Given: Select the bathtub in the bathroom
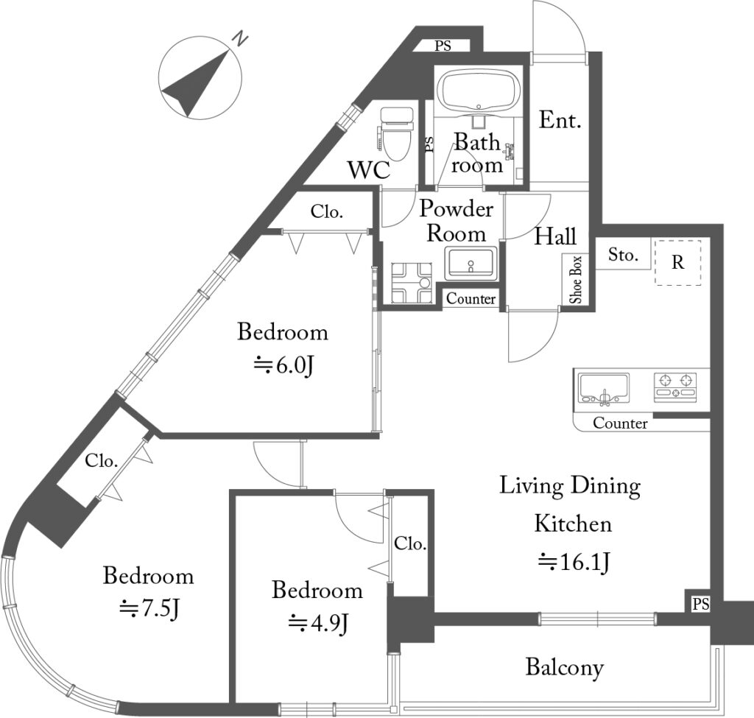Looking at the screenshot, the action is pyautogui.click(x=481, y=91).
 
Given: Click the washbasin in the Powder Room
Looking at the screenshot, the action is pyautogui.click(x=471, y=264).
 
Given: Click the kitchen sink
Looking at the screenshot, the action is pyautogui.click(x=604, y=387).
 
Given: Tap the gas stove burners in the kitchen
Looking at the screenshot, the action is pyautogui.click(x=675, y=387).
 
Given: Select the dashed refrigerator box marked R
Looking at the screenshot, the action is pyautogui.click(x=678, y=263).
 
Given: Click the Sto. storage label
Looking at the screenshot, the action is pyautogui.click(x=623, y=254).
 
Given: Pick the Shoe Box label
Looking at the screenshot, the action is pyautogui.click(x=576, y=280).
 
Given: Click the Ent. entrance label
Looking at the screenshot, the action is pyautogui.click(x=560, y=120).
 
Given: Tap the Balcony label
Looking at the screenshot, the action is pyautogui.click(x=565, y=667).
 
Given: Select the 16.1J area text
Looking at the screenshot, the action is pyautogui.click(x=574, y=561).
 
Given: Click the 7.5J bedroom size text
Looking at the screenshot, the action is pyautogui.click(x=149, y=609).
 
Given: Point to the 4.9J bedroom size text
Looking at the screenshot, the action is pyautogui.click(x=318, y=624).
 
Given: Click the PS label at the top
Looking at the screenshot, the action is pyautogui.click(x=443, y=46).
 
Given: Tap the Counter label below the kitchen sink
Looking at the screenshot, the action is pyautogui.click(x=620, y=423).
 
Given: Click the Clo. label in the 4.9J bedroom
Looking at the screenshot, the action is pyautogui.click(x=410, y=543).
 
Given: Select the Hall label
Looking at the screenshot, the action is pyautogui.click(x=555, y=236).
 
